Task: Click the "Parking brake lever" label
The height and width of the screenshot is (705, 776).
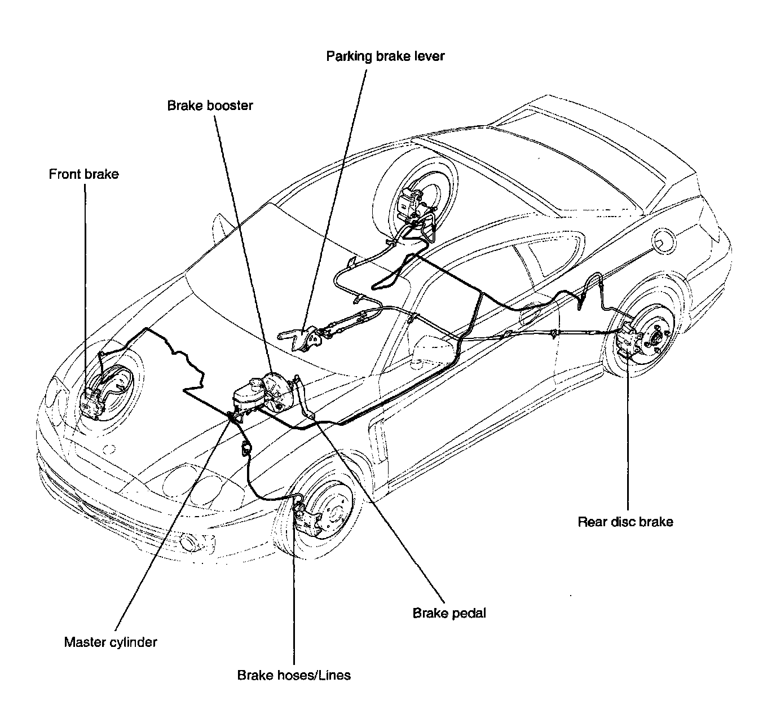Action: pyautogui.click(x=385, y=56)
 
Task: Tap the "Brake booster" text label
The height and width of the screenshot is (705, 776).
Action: pyautogui.click(x=210, y=105)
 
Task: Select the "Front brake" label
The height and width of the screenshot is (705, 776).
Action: pyautogui.click(x=83, y=174)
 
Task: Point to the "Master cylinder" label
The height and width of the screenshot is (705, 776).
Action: pyautogui.click(x=111, y=642)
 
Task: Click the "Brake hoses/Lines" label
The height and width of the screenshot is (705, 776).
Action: pyautogui.click(x=294, y=675)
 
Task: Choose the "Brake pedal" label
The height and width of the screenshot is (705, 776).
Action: pyautogui.click(x=449, y=613)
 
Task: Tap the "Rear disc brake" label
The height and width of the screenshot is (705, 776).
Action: pyautogui.click(x=625, y=522)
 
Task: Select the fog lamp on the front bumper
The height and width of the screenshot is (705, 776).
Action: pyautogui.click(x=186, y=543)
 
